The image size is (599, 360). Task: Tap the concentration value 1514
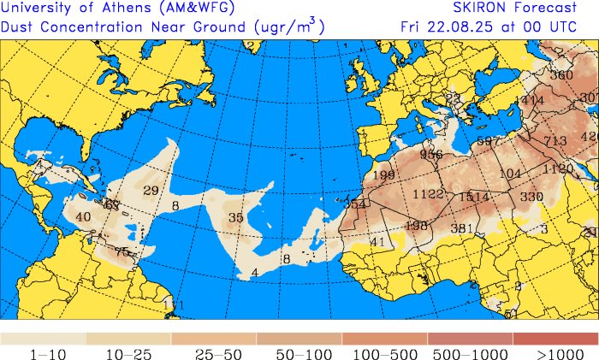click(473, 197)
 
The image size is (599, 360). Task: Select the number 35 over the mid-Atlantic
click(235, 218)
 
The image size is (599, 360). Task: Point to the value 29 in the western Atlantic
click(151, 190)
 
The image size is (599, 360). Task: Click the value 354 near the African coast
click(355, 204)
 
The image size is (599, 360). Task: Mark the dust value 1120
click(557, 169)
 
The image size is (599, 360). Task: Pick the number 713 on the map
click(555, 141)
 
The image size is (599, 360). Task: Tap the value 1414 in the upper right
click(531, 101)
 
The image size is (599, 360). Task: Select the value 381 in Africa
click(462, 228)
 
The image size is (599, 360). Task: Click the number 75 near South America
click(122, 252)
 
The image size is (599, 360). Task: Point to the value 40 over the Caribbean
click(83, 217)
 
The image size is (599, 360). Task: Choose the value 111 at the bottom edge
click(173, 305)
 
